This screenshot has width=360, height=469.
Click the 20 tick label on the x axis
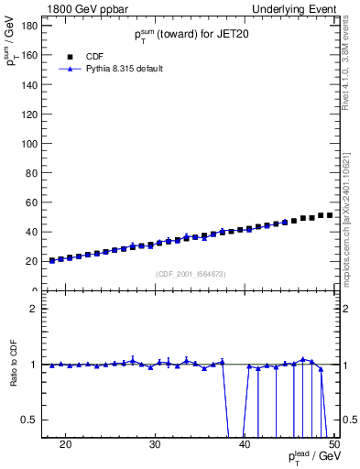65,445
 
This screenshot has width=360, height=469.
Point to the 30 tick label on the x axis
155,445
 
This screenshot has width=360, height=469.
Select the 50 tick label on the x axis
333,445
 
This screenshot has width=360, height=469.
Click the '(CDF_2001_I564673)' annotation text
191,274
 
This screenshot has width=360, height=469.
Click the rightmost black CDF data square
329,215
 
